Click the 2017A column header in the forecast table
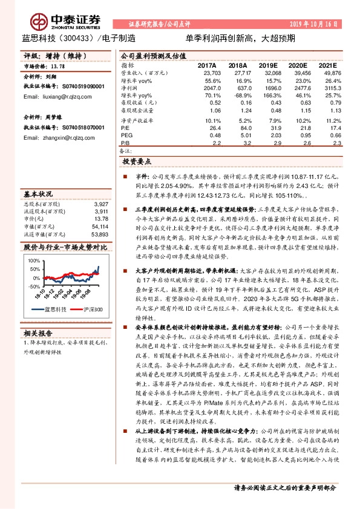click(x=208, y=65)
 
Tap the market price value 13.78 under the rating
click(x=59, y=67)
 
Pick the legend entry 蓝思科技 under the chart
click(x=55, y=309)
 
